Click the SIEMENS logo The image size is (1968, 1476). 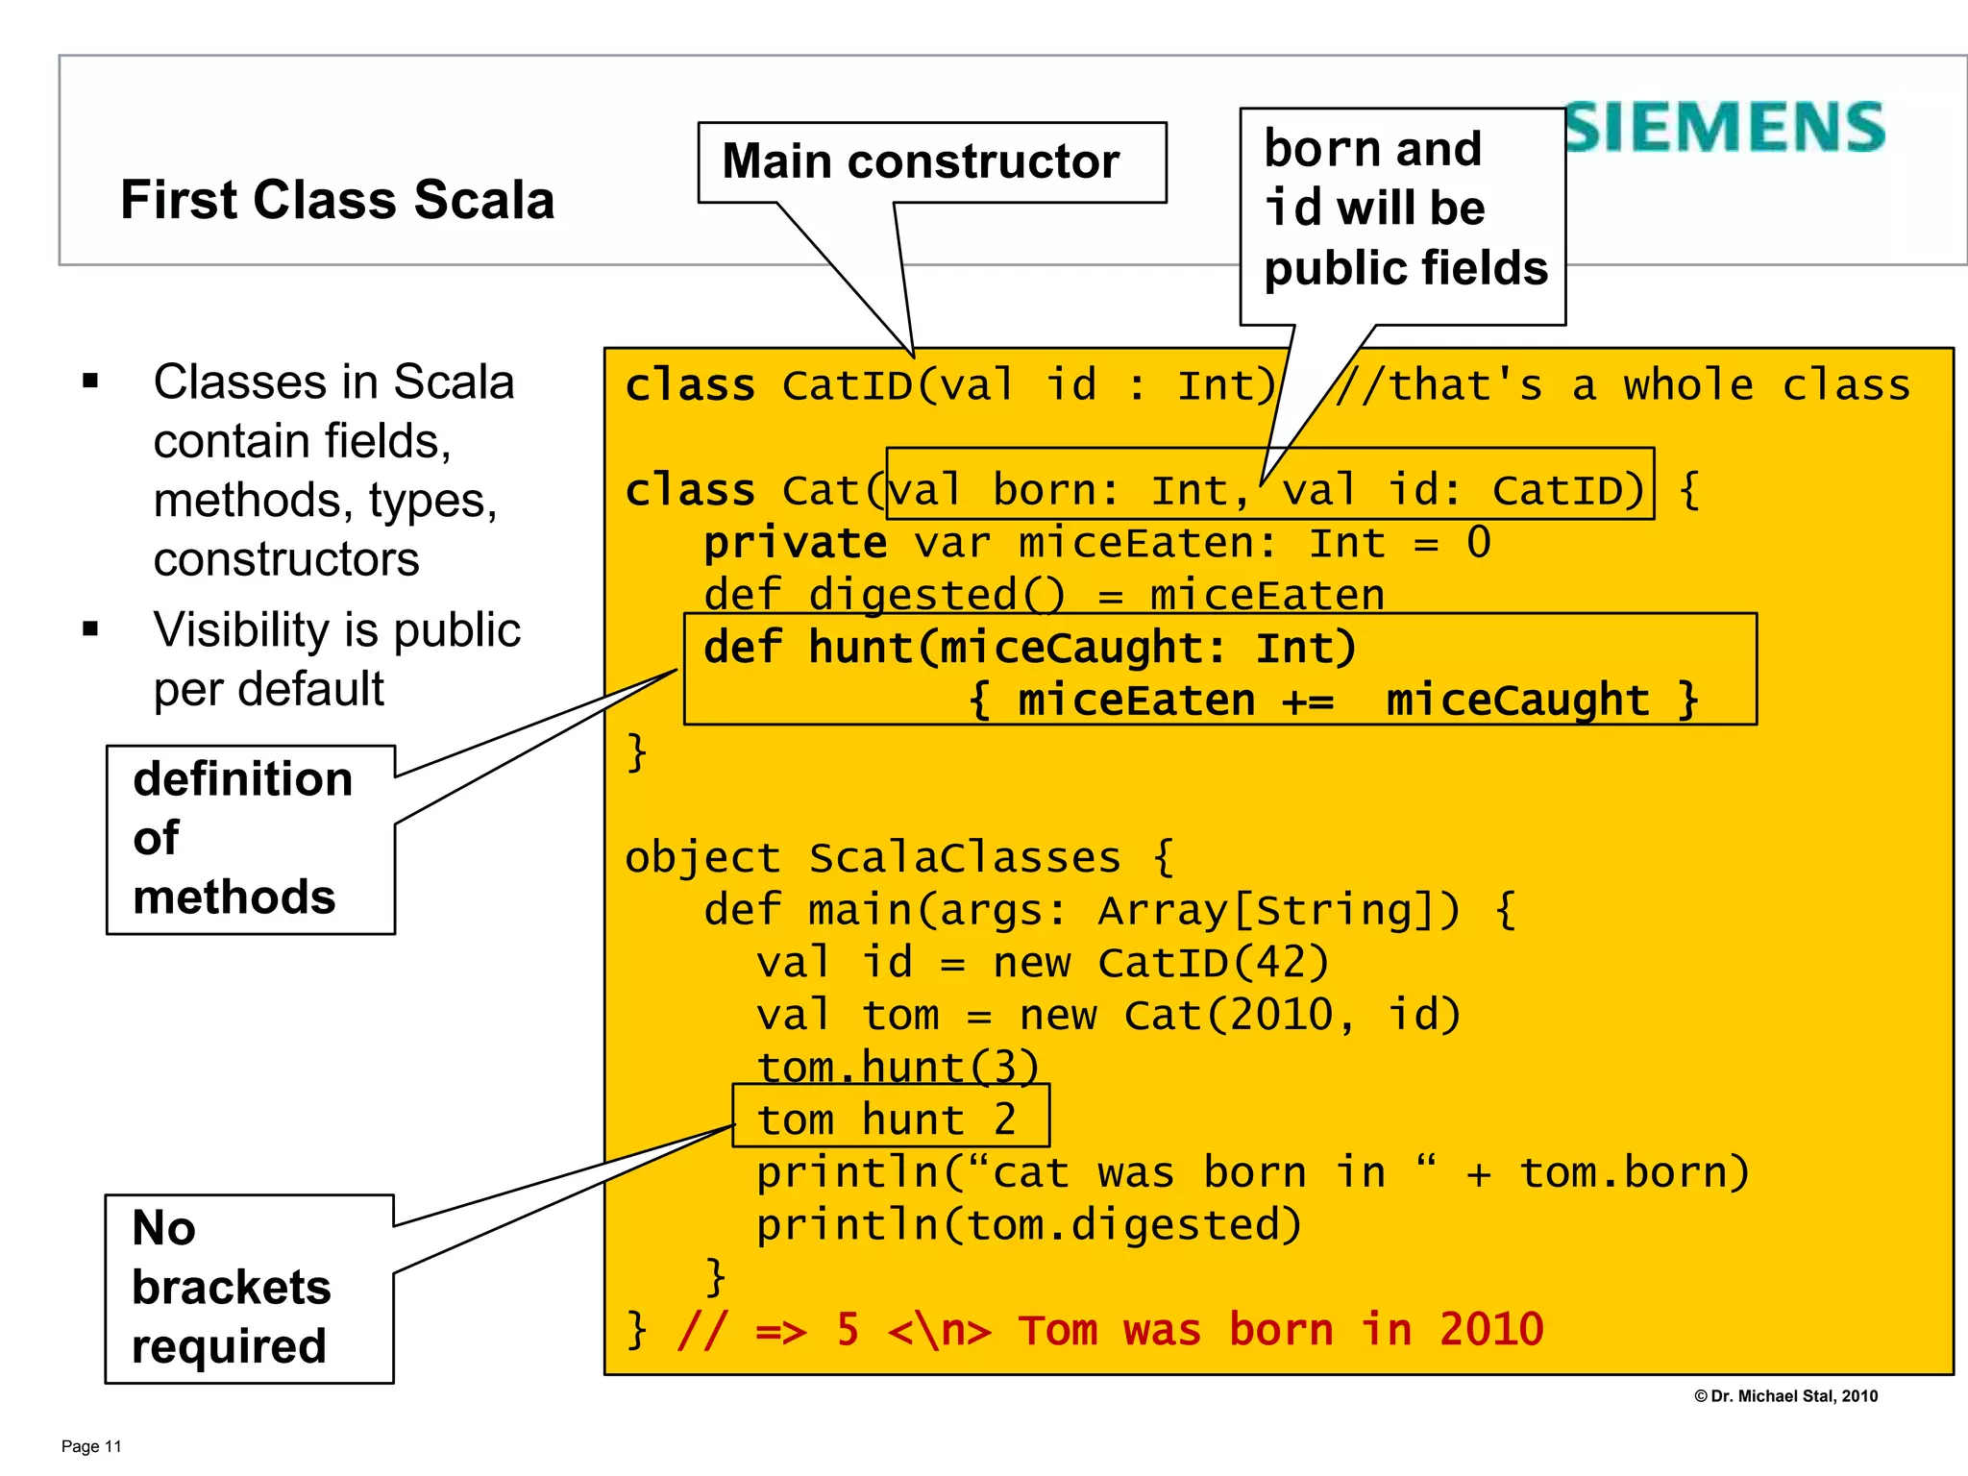[x=1725, y=128]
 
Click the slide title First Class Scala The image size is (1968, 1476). [x=337, y=200]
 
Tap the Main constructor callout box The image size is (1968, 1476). [x=930, y=161]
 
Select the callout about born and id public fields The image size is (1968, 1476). [x=1403, y=209]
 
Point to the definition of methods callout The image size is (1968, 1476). [x=250, y=838]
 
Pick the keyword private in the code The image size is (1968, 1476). [x=795, y=543]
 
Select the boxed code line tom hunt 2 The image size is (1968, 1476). [x=888, y=1119]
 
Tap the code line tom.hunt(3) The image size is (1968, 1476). [x=898, y=1067]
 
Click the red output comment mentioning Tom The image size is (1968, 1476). [x=1110, y=1331]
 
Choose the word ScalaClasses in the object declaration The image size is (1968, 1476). [x=965, y=857]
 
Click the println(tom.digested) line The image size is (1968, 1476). [x=1028, y=1225]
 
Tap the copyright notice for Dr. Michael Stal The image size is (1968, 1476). [x=1785, y=1396]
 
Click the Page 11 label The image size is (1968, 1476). [x=91, y=1446]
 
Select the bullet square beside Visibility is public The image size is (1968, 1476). [x=91, y=630]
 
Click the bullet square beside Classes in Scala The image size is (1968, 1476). [x=91, y=381]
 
